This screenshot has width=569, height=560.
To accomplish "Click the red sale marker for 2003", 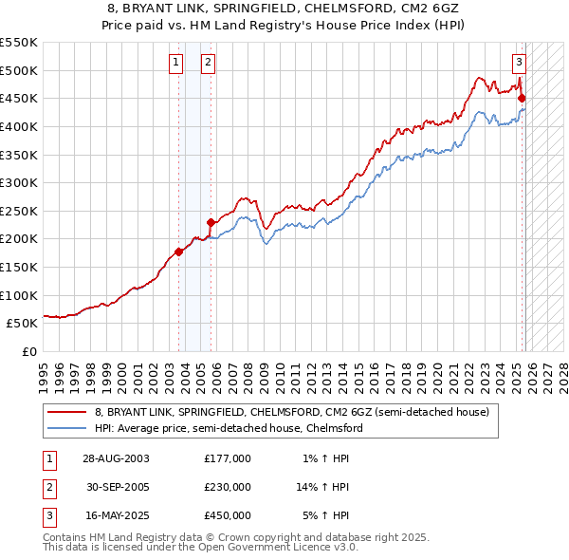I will (x=179, y=252).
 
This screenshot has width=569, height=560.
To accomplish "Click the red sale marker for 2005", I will (x=211, y=222).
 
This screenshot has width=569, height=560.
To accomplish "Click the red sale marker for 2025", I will (x=522, y=98).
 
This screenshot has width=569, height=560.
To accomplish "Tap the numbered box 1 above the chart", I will (x=176, y=64).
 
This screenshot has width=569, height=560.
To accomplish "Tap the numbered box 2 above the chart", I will (x=208, y=64).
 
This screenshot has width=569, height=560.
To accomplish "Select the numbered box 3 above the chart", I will (x=520, y=64).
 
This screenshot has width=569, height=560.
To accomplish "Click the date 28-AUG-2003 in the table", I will (x=116, y=457).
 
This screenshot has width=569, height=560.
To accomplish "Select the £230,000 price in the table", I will (x=228, y=487).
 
